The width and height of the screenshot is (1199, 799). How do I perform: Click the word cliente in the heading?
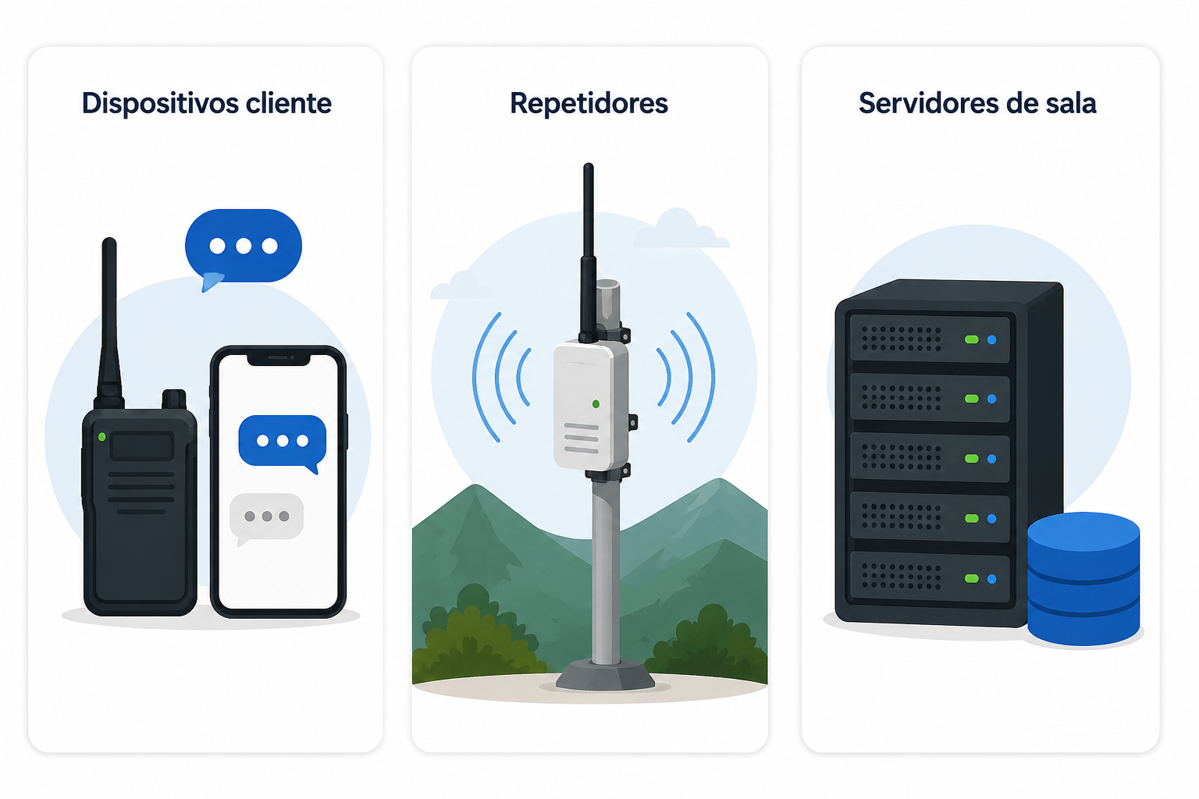pos(289,103)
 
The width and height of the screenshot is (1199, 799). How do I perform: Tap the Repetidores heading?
pos(589,104)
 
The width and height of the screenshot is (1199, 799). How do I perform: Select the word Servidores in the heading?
pos(929,103)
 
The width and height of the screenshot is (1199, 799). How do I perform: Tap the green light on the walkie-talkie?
pos(101,437)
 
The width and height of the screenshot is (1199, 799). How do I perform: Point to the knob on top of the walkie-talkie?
pos(174,399)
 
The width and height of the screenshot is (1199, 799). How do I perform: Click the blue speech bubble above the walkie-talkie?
pos(243,248)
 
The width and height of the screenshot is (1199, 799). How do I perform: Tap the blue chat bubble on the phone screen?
pos(282,442)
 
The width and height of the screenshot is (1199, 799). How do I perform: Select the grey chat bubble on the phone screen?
pos(266,517)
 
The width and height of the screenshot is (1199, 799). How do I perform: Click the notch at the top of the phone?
pos(279,359)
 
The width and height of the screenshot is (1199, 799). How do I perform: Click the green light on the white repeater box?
pos(596,404)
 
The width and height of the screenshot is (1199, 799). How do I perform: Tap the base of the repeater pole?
pos(606,676)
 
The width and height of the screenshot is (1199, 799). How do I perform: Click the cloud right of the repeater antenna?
pos(681,229)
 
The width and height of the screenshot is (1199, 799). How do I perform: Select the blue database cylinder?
pos(1083,579)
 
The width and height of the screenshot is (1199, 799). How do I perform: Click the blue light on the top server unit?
pos(992,340)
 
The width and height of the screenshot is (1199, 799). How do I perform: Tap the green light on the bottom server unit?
pos(972,578)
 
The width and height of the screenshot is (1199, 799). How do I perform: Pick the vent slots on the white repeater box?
pos(581,439)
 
